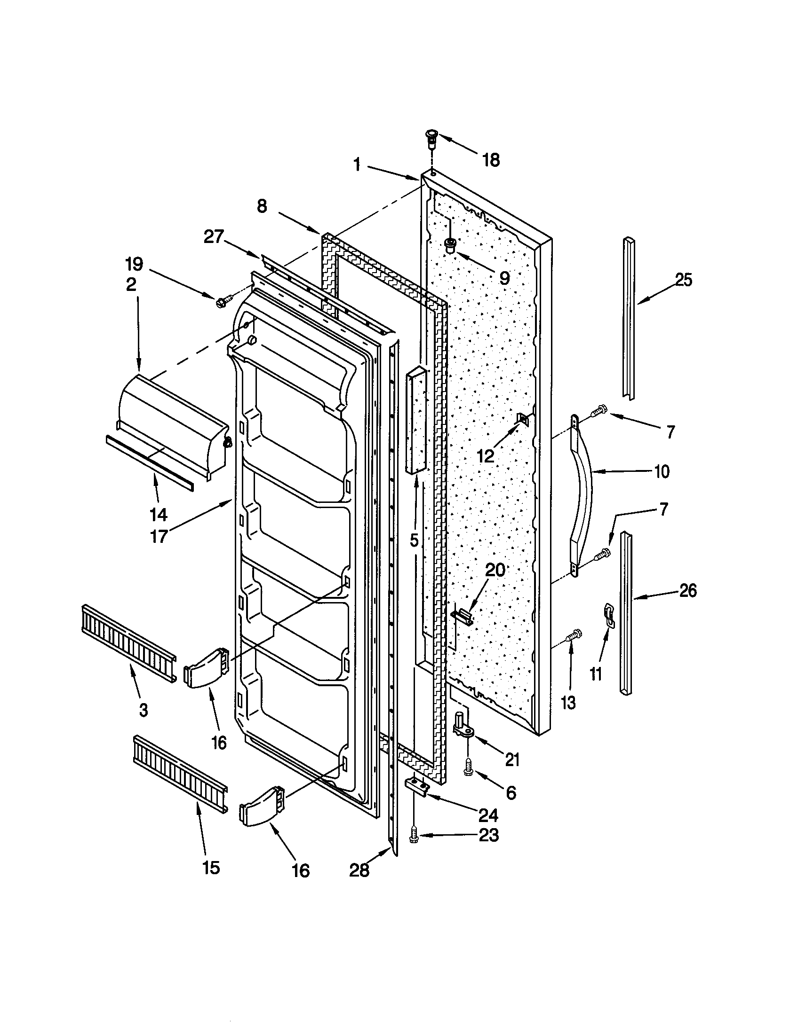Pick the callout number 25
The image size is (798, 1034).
[x=683, y=280]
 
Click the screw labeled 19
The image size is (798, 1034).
[x=223, y=301]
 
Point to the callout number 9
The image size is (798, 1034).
[x=504, y=278]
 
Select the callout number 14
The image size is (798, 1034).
[x=158, y=514]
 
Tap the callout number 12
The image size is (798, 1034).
[x=485, y=455]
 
